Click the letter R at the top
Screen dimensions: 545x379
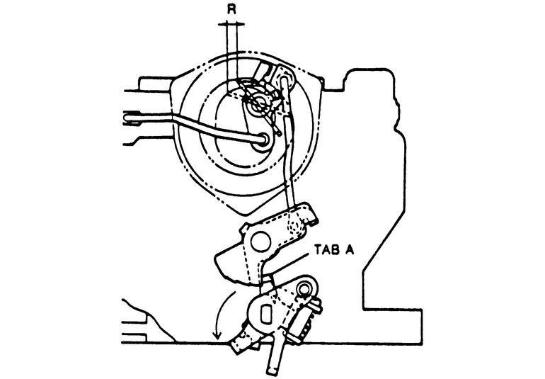(231, 11)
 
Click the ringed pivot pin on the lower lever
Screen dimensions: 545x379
(305, 288)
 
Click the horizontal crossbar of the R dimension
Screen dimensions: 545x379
(231, 24)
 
